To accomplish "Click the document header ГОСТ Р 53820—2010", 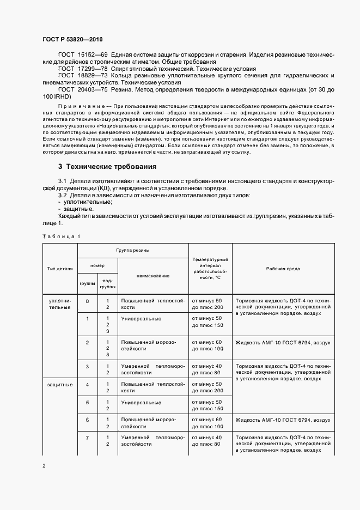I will tap(72, 40).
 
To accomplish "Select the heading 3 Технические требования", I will tap(107, 166).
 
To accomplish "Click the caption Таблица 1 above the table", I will tap(61, 236).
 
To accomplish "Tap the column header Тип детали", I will tap(60, 269).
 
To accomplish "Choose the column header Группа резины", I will tap(133, 250).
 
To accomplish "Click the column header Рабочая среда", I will tap(283, 269).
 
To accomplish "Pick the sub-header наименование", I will tap(152, 276).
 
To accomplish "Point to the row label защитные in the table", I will tap(60, 385).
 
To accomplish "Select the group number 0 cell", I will tap(88, 301).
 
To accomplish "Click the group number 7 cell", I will tap(88, 438).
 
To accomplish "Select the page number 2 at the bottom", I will tap(44, 465).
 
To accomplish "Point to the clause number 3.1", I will tap(62, 180).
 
